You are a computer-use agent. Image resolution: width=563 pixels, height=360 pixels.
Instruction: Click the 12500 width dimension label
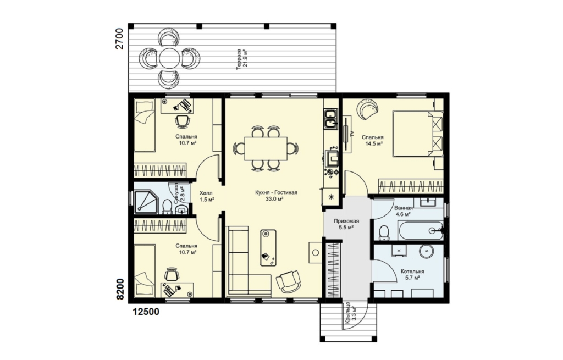(146, 312)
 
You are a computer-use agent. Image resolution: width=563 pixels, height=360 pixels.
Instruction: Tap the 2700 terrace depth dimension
(119, 38)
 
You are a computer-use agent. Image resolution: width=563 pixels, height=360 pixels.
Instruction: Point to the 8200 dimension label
(120, 289)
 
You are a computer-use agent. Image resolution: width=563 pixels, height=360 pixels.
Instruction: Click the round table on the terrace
(169, 58)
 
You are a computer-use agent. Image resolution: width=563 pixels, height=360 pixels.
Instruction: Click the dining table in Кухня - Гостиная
(266, 148)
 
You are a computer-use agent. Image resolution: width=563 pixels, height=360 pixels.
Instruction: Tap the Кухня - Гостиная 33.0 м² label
(276, 196)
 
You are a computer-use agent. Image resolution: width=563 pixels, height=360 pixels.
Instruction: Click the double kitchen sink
(330, 119)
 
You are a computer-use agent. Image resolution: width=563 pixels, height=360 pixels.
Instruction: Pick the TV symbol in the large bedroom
(347, 134)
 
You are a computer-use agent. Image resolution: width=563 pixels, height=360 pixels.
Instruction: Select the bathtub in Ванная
(421, 230)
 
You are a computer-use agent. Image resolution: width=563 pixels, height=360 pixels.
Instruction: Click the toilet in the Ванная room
(383, 232)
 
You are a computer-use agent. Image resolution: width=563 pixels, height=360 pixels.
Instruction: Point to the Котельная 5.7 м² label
(412, 275)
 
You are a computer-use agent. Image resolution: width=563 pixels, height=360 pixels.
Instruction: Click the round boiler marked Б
(426, 251)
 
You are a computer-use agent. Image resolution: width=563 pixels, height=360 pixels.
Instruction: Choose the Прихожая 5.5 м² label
(346, 224)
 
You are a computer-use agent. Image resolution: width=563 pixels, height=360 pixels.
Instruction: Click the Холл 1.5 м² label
(207, 196)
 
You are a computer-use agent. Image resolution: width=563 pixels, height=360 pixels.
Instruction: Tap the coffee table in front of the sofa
(268, 247)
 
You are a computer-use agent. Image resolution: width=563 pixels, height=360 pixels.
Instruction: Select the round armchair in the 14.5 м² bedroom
(368, 109)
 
